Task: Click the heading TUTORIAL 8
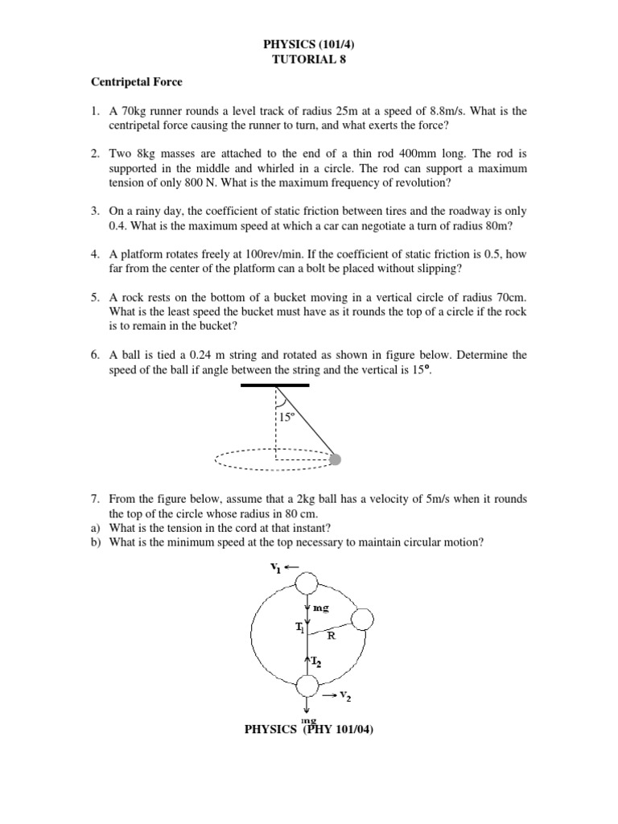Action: click(309, 59)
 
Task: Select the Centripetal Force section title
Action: click(136, 83)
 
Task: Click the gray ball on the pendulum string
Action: click(336, 459)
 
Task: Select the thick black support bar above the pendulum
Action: click(275, 386)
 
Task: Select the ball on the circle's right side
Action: click(362, 619)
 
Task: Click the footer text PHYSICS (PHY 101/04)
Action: click(309, 730)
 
